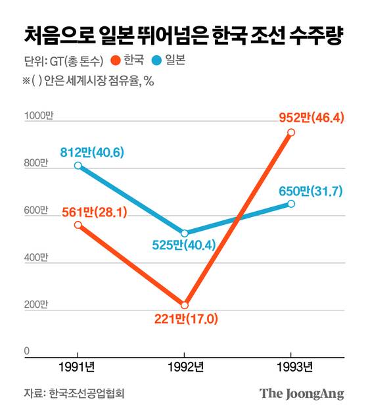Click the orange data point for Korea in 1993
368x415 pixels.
[291, 132]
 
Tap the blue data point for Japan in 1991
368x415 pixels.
[78, 166]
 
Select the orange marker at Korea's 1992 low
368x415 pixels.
[185, 305]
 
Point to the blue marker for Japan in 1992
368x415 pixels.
[185, 233]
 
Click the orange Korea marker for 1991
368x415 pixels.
[78, 225]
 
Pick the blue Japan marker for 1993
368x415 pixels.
[291, 204]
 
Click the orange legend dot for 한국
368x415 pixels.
[116, 62]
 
